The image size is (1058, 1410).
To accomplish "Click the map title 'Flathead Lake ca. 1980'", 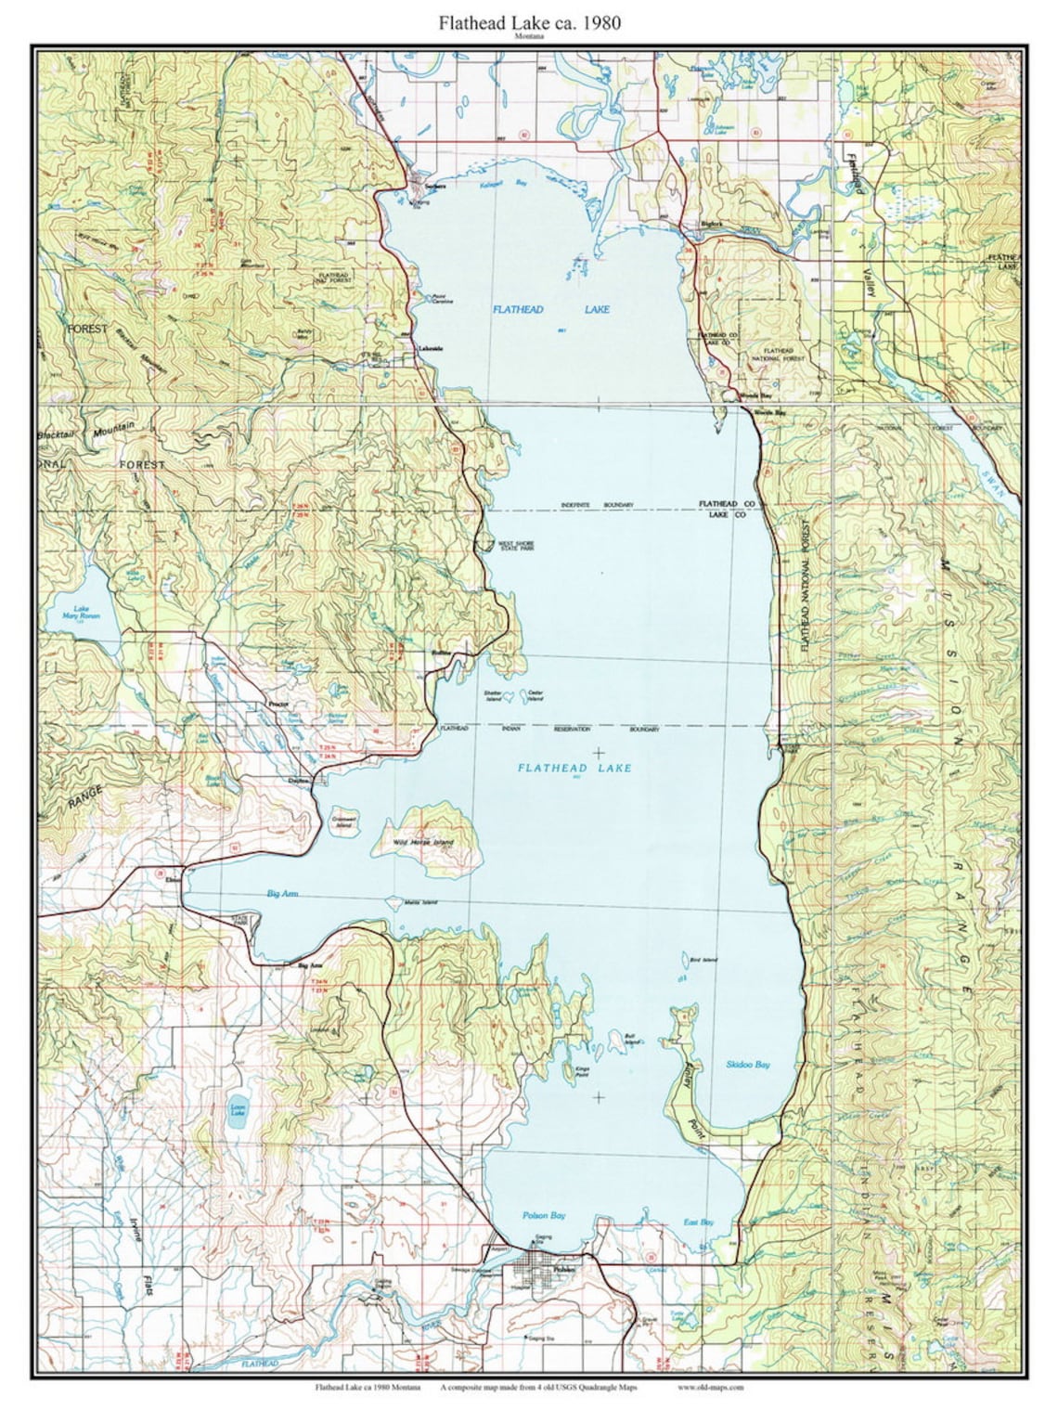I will [x=530, y=22].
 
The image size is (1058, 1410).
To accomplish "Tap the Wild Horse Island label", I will [x=423, y=842].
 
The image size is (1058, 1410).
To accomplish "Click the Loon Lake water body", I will [x=239, y=1116].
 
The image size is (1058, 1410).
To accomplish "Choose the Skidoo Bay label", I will [x=748, y=1064].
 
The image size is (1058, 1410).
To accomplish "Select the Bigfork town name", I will [x=711, y=224].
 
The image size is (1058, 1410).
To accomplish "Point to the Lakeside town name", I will [x=430, y=348].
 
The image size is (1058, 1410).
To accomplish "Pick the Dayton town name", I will [x=298, y=782].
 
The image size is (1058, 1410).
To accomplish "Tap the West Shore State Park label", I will [x=517, y=547].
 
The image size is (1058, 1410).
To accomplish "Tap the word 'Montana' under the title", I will [x=529, y=37].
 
